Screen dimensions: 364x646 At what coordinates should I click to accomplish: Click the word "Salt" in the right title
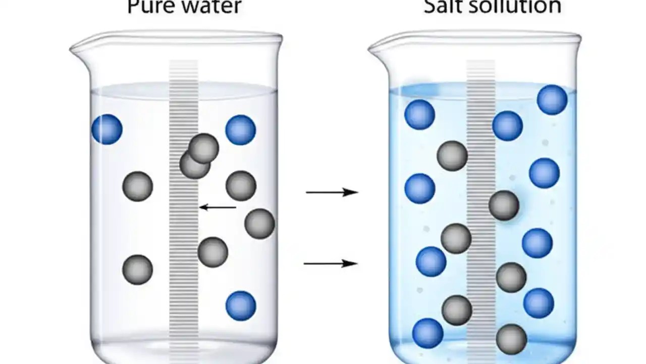442,6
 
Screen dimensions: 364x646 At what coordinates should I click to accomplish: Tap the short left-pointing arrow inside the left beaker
218,207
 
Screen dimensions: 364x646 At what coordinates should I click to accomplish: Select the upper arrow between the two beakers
332,192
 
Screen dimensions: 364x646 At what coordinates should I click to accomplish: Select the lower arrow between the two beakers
331,263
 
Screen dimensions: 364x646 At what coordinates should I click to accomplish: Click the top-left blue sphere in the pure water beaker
107,129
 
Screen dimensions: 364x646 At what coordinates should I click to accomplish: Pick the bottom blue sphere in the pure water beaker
241,305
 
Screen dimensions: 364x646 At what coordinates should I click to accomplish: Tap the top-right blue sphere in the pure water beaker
241,130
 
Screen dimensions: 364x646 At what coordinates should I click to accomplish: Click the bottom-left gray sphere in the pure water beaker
137,269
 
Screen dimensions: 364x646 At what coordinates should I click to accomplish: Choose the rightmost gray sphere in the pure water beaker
259,223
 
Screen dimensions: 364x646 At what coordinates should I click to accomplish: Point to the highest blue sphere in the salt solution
552,100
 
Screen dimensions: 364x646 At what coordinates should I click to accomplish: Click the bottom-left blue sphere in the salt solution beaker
427,333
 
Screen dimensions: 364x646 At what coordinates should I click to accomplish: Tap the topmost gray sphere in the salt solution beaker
452,156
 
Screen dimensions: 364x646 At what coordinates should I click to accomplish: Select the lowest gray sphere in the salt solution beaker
511,339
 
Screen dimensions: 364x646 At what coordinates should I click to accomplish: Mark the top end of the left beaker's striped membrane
183,63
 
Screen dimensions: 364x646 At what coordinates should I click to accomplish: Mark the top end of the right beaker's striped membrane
480,63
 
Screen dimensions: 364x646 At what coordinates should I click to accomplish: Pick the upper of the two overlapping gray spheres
204,148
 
